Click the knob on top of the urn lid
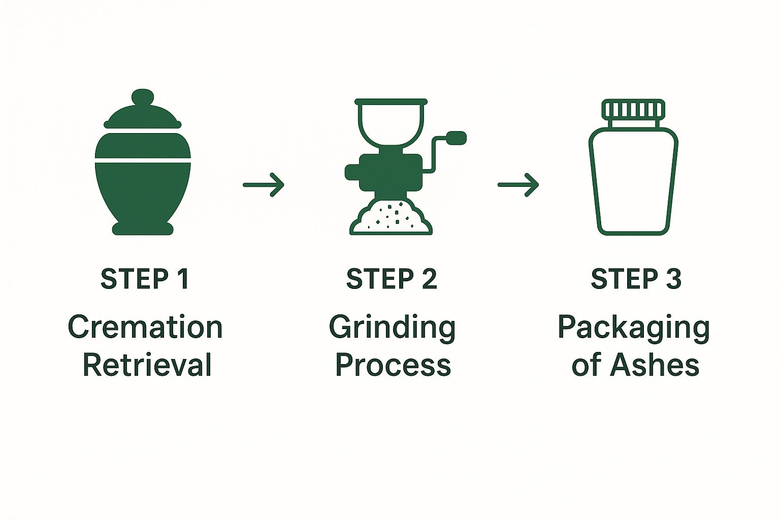(143, 98)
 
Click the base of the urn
(143, 229)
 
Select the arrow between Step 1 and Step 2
(264, 185)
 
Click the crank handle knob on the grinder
(457, 137)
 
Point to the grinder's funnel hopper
(391, 122)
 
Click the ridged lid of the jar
(633, 110)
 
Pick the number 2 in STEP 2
(428, 279)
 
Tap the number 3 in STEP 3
(673, 279)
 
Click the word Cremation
(145, 327)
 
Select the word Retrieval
(147, 365)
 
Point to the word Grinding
(392, 328)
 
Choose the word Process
(393, 365)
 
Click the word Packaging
(633, 328)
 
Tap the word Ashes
(655, 365)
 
